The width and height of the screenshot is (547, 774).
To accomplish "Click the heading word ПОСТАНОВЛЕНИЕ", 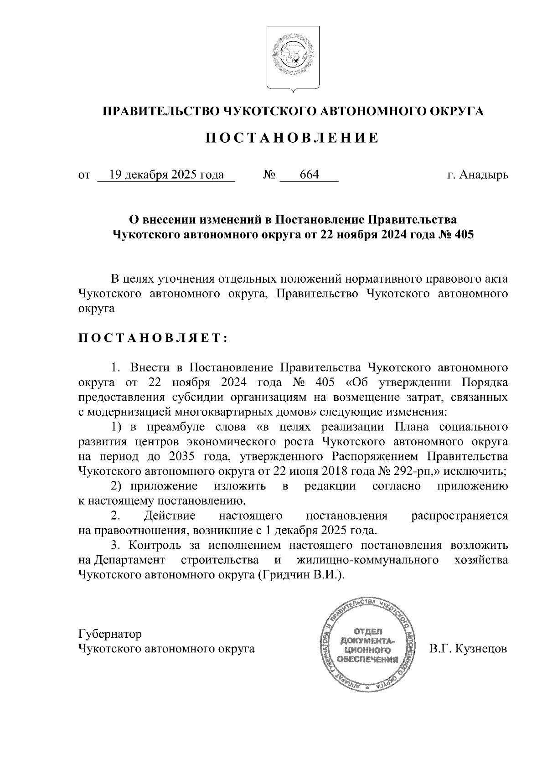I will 292,138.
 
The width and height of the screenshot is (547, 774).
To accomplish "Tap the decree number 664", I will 309,175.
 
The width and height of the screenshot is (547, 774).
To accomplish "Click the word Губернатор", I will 110,634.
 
